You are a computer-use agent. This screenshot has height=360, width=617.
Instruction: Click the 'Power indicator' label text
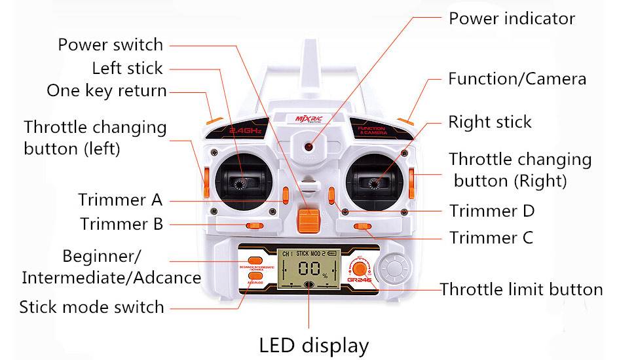(512, 18)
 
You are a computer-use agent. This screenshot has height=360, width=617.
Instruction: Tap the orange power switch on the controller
(308, 218)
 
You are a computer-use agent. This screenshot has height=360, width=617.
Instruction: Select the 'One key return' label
(107, 90)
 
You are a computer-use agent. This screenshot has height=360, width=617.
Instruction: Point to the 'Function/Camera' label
(517, 79)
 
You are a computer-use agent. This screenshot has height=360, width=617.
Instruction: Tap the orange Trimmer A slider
(286, 195)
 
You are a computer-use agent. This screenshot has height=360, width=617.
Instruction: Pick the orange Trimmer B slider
(254, 226)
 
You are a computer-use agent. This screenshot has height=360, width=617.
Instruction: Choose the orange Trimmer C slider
(362, 226)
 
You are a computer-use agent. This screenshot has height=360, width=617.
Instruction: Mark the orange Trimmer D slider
(331, 195)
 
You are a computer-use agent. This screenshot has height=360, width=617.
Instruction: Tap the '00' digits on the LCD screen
(307, 268)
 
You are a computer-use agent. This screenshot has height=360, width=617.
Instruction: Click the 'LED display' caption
(314, 344)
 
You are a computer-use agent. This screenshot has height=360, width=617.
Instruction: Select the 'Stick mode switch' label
(92, 306)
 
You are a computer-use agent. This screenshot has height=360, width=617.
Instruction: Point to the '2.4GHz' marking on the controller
(246, 132)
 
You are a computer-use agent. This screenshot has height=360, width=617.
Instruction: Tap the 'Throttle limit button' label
(521, 289)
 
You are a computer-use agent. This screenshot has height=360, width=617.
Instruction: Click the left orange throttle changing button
(205, 183)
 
